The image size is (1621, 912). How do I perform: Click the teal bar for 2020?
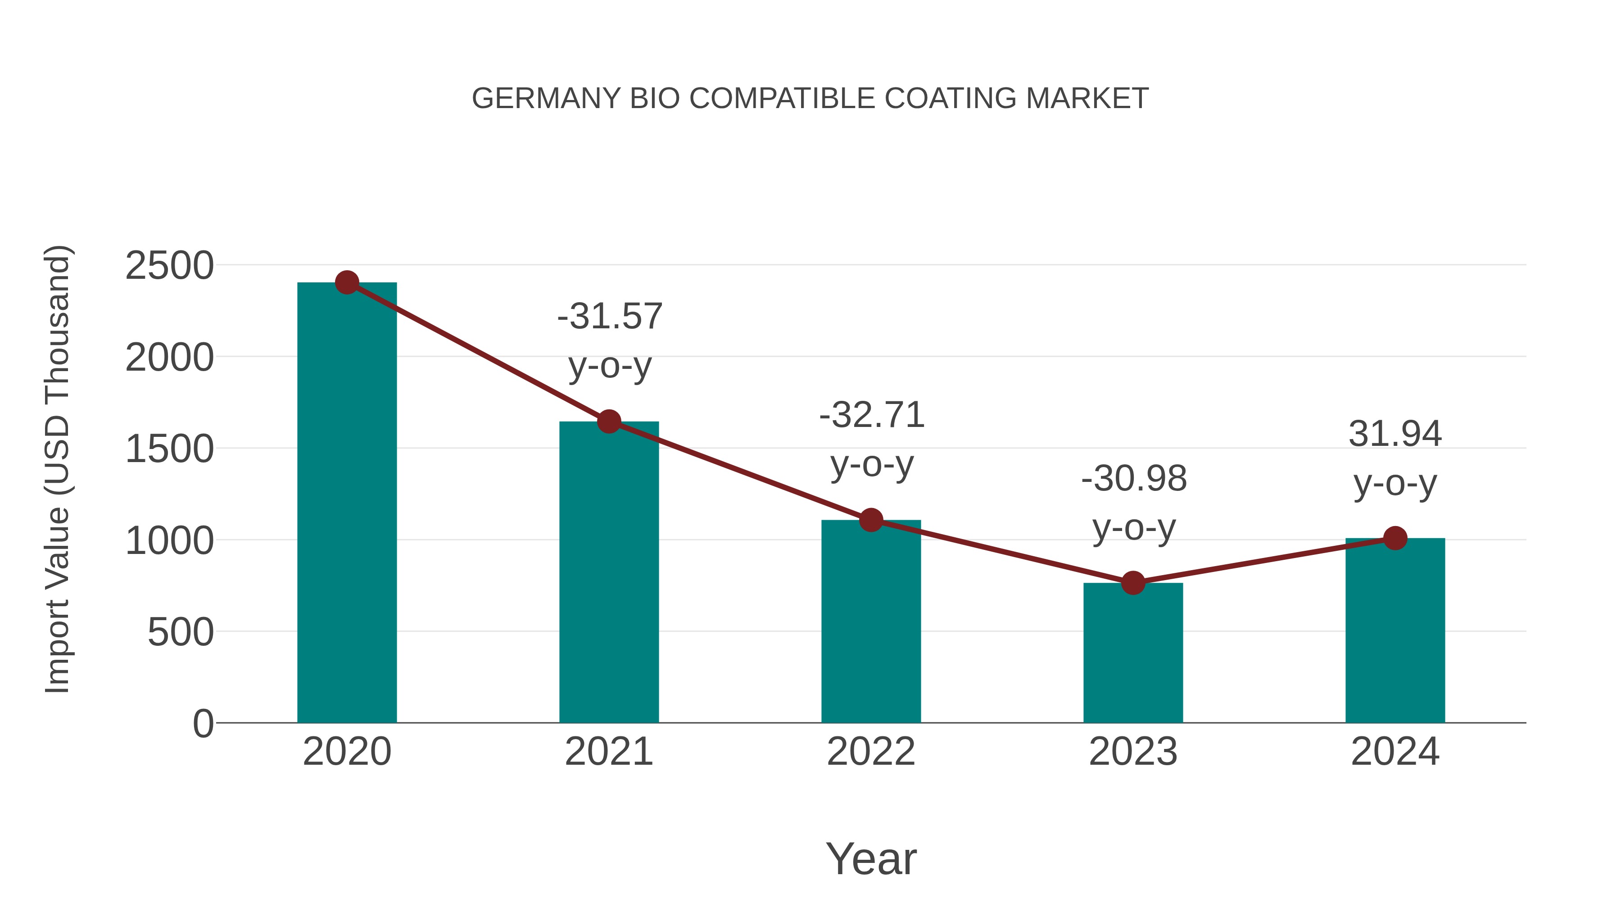tap(347, 504)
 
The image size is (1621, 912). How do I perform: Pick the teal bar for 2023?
tap(1133, 654)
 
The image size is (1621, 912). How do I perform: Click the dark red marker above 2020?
tap(347, 282)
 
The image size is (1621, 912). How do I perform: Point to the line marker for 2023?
tap(1133, 583)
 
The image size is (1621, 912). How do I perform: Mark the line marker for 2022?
tap(871, 520)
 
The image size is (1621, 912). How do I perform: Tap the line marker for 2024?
tap(1395, 538)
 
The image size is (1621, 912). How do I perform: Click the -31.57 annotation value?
tap(610, 316)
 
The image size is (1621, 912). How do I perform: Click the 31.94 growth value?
tap(1395, 434)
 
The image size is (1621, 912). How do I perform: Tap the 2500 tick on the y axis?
tap(169, 266)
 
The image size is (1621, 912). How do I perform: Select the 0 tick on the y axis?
tap(203, 723)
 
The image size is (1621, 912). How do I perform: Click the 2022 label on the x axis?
tap(871, 752)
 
